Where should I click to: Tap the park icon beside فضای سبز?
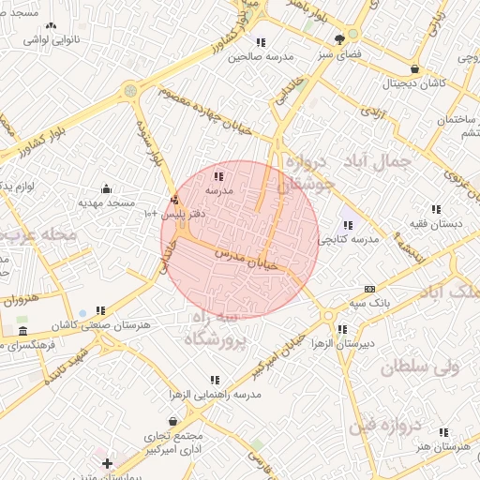338,39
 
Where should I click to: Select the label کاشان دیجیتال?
413,84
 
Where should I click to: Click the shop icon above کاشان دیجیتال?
414,69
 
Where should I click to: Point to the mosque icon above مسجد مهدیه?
105,187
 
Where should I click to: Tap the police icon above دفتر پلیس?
175,199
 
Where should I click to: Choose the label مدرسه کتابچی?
348,239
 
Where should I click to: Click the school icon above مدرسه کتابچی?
348,224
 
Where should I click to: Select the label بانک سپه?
368,304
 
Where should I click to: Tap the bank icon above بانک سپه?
369,289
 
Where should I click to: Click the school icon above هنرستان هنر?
444,432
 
